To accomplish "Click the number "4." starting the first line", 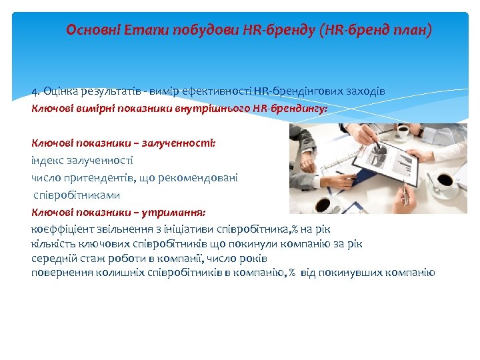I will coord(36,91).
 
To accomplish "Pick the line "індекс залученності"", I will coord(82,160).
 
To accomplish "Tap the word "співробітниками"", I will coord(77,195).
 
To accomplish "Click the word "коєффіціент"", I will coord(61,229).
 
